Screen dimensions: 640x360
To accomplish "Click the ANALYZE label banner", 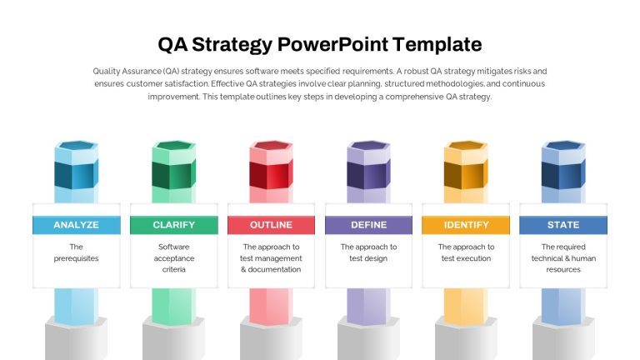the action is pos(77,225).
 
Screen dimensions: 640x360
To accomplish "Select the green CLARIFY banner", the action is pos(174,225).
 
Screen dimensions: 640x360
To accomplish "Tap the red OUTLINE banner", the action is pos(271,225).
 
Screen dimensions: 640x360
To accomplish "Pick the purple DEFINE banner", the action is pos(368,225).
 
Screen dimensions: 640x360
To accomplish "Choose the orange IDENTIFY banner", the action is pos(466,225).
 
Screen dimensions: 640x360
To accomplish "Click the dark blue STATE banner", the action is pos(563,225).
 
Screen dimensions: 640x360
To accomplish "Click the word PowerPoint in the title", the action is pos(332,44).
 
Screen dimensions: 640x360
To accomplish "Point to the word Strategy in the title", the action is pos(232,45).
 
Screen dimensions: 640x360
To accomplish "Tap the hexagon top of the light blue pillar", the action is pos(77,146).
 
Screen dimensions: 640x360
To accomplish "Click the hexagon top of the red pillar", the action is pos(272,146).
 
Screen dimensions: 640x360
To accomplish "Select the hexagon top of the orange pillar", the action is pos(466,146).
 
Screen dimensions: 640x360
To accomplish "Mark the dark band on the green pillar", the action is pos(174,175).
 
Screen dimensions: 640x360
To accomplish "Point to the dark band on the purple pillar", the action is pos(368,175).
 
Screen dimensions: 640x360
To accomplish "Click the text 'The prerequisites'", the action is pos(77,252).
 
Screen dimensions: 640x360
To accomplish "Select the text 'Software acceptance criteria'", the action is pos(174,258).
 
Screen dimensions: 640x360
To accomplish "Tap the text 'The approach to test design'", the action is pos(368,252).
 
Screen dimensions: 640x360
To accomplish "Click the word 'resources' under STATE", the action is pos(563,269).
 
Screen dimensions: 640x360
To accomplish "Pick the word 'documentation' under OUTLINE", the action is pos(274,269).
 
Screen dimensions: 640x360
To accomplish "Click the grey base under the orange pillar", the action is pos(466,338).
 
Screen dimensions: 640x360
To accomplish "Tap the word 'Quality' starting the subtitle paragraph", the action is pos(107,72).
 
